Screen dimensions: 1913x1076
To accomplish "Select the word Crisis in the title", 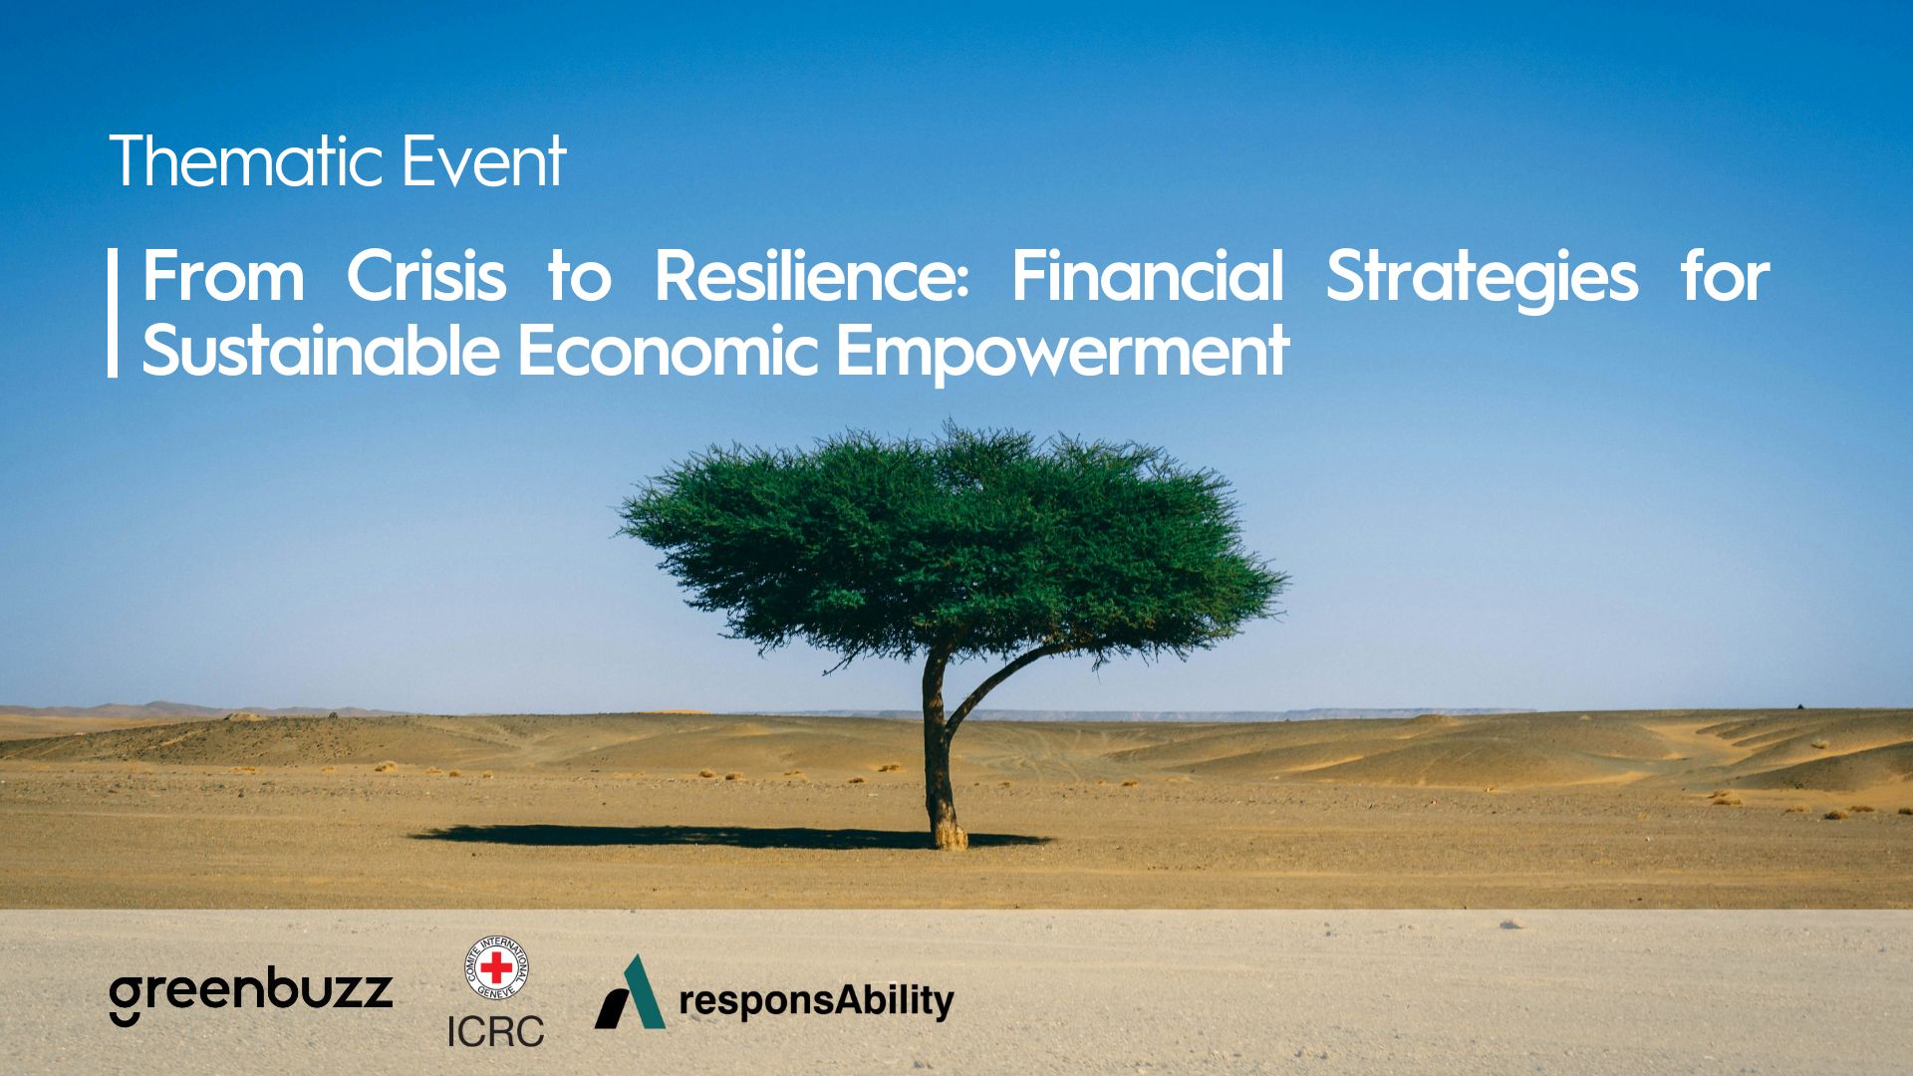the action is [426, 276].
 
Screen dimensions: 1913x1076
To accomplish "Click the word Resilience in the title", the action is [812, 276].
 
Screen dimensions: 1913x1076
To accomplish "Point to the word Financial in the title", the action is [1148, 276].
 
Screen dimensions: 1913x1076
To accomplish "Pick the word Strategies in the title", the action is [1482, 279].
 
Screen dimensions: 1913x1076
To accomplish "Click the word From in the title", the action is [223, 276].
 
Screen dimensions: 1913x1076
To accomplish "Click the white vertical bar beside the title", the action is [113, 313].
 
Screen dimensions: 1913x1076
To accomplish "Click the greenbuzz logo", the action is [251, 996].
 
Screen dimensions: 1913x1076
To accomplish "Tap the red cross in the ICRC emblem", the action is [496, 966].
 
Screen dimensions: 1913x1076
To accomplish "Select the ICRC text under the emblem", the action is [495, 1031].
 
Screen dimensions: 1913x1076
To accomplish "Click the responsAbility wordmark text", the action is [816, 1001].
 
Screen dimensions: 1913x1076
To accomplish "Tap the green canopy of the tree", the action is [952, 543].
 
